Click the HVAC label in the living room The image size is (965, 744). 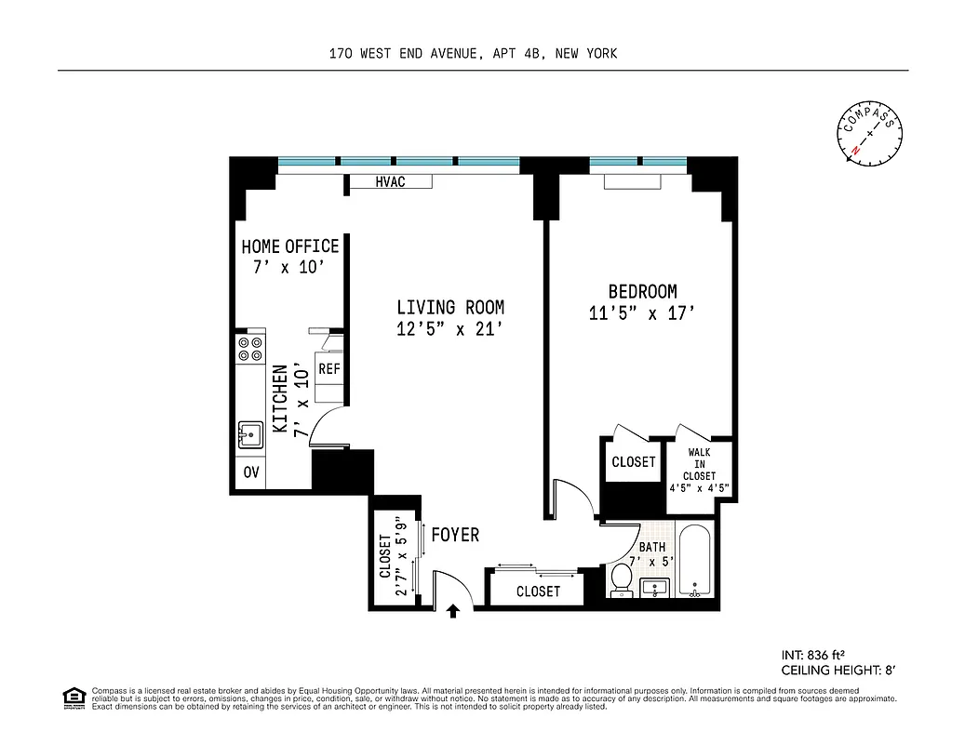pos(390,182)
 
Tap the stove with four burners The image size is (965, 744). pos(249,349)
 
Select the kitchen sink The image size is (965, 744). pos(249,434)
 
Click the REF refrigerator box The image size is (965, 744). pos(329,369)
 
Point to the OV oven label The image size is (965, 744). pos(250,472)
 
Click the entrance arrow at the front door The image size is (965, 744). pos(454,611)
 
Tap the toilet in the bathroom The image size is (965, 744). pos(621,580)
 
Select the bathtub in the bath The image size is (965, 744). pos(694,563)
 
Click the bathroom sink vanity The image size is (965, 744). pos(656,587)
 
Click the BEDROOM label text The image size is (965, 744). pos(642,291)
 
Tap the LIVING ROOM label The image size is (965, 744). pos(450,307)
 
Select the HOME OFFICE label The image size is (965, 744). pos(289,246)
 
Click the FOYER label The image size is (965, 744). pos(455,535)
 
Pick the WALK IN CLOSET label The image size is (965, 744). pos(700,464)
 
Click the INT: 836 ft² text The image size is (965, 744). pos(816,653)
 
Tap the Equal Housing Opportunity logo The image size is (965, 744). pos(73,697)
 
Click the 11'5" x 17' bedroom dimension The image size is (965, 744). pos(642,314)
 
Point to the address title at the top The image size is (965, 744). pos(473,54)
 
